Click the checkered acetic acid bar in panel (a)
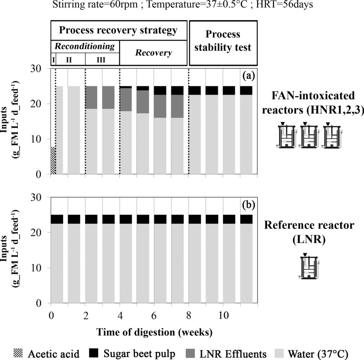click(x=53, y=160)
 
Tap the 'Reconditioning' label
click(x=84, y=47)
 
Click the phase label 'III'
click(x=102, y=59)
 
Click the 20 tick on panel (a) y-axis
click(x=38, y=104)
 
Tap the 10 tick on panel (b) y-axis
click(x=38, y=268)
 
